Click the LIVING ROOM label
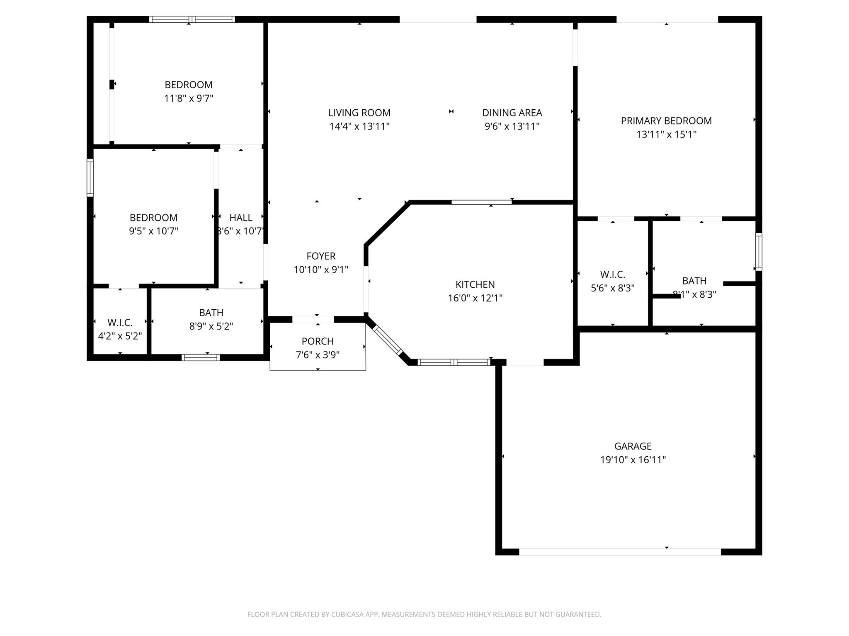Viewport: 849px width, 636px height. [359, 113]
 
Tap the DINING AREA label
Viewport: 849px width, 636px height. [512, 113]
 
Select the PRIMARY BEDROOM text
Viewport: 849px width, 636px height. [666, 121]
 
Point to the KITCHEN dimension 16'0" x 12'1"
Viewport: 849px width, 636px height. [475, 298]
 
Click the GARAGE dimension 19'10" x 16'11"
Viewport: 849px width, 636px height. [633, 460]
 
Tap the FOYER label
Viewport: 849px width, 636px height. [321, 256]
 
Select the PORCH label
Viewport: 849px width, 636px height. [318, 341]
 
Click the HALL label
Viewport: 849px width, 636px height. [241, 217]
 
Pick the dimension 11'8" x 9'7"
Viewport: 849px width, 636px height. [189, 99]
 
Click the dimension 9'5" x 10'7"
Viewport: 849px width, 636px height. [153, 231]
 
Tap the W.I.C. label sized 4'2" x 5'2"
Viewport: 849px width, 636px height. [120, 323]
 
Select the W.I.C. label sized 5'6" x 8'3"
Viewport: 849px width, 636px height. [612, 275]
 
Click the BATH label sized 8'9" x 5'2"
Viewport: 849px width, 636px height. [211, 313]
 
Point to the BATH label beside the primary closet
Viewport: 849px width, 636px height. [694, 281]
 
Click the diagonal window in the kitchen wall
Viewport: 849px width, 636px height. [388, 341]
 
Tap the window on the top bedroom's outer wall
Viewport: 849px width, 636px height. [192, 19]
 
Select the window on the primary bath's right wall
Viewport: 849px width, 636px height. [758, 252]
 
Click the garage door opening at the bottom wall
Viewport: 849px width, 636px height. [620, 552]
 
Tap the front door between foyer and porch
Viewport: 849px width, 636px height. [313, 319]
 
